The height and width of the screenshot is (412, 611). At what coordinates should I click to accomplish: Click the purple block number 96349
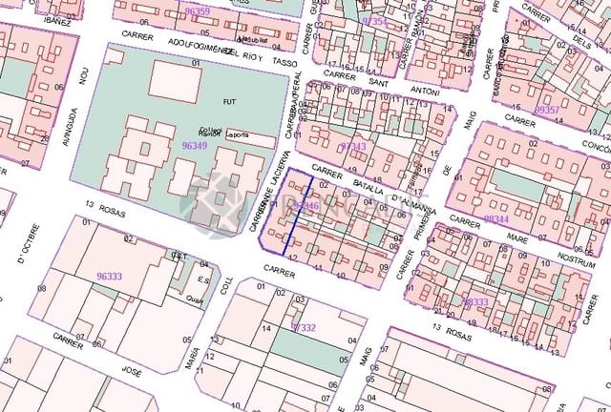click(x=194, y=146)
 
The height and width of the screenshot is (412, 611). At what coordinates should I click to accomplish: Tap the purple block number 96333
click(x=109, y=276)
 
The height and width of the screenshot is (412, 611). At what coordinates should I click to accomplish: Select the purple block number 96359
click(x=198, y=11)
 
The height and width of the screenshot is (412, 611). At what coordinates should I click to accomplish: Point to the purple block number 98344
click(x=495, y=218)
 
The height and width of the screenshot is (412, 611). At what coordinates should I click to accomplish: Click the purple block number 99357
click(x=547, y=111)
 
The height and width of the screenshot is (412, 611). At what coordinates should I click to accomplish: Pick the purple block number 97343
click(x=352, y=146)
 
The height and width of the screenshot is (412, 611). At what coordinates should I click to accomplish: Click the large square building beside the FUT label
click(x=174, y=83)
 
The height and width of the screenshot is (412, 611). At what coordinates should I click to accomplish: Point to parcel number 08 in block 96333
click(x=41, y=288)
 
